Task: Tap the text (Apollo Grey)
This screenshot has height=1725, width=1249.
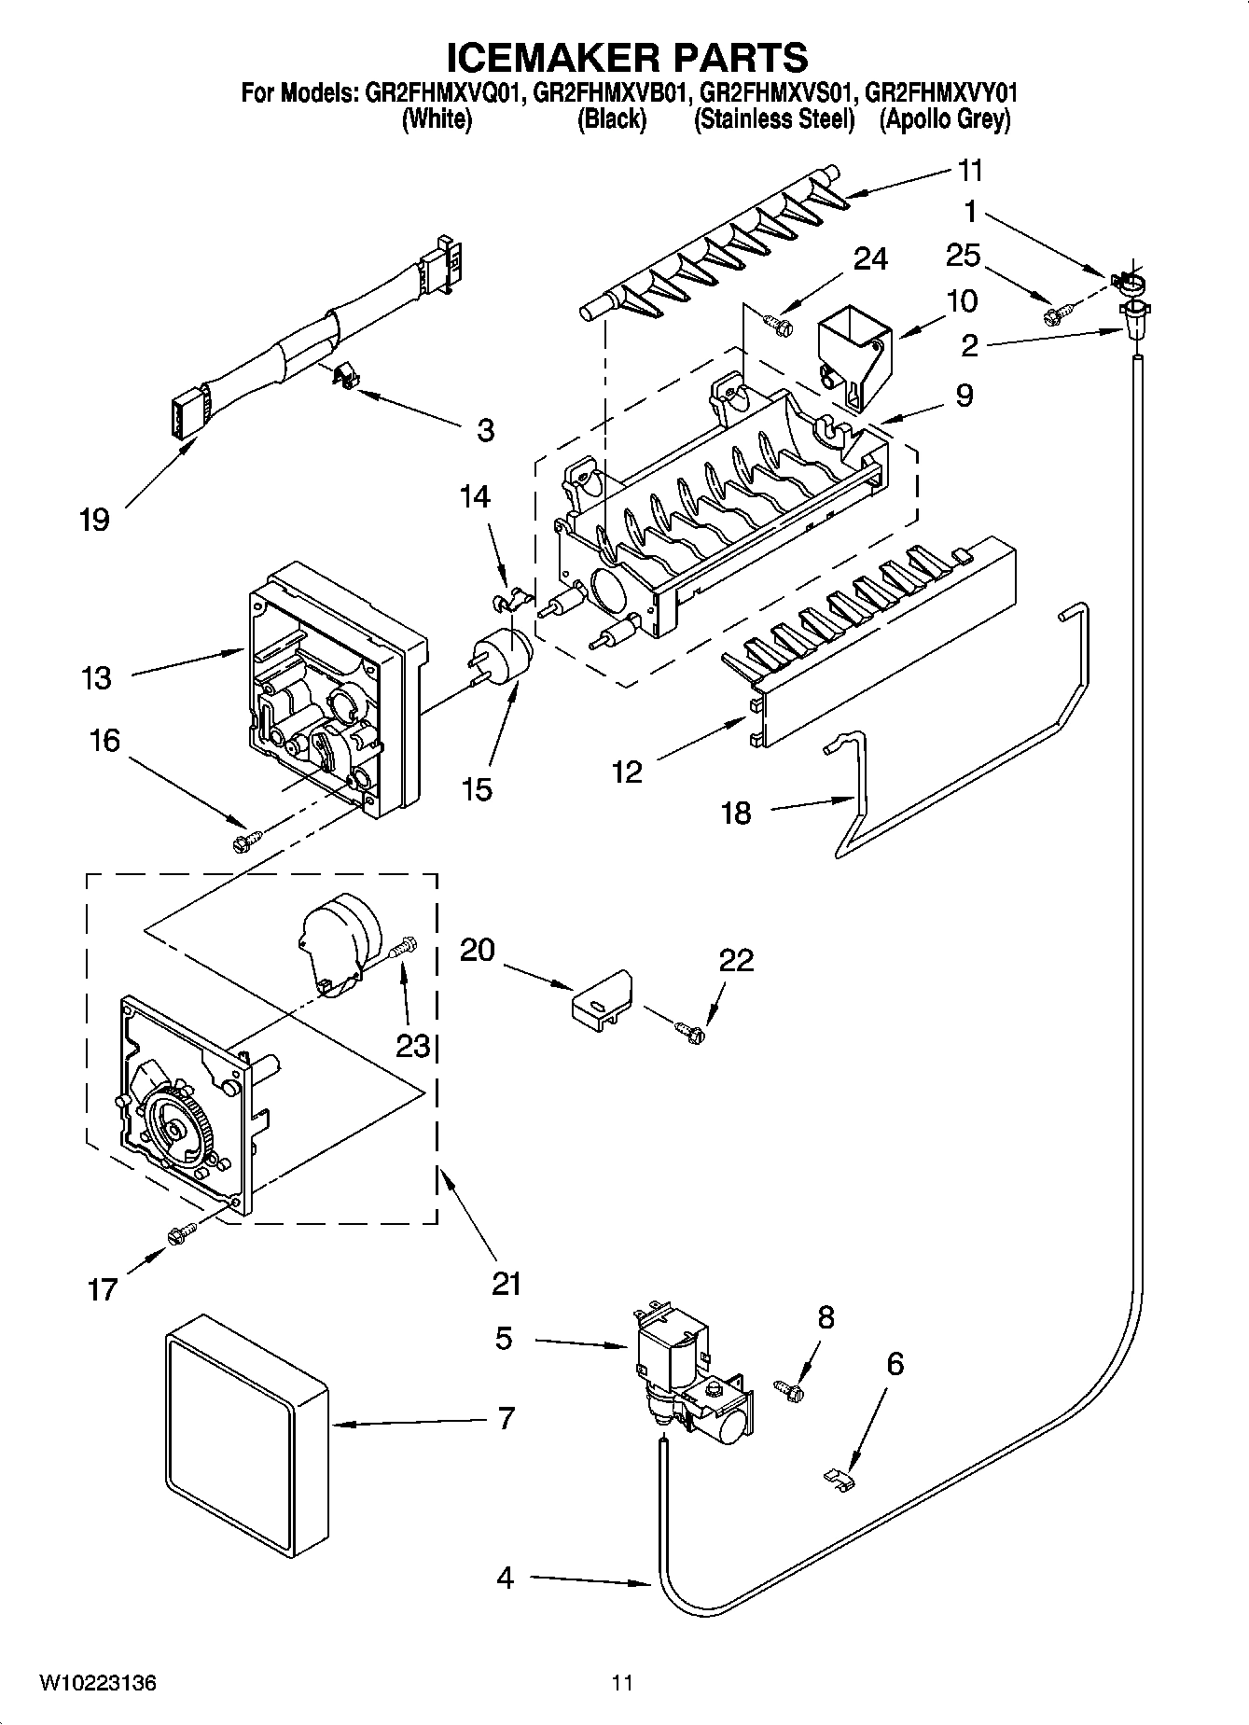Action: point(944,119)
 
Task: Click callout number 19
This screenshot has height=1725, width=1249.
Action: point(94,520)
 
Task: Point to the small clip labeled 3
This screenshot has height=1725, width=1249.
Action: point(345,374)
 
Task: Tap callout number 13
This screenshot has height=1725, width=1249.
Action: point(96,678)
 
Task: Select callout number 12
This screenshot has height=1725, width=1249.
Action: point(628,772)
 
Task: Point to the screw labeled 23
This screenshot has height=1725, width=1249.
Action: point(404,950)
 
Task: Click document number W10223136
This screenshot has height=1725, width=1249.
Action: point(97,1683)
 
